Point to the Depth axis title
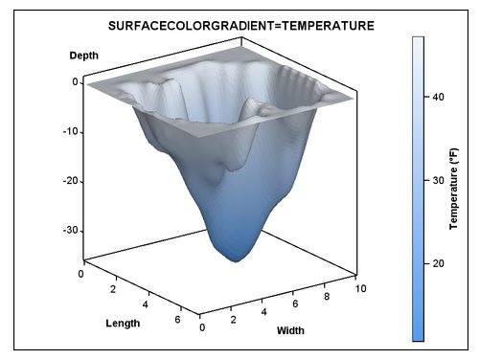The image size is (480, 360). (x=84, y=56)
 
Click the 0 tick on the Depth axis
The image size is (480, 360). (x=75, y=82)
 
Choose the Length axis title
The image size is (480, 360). (x=123, y=323)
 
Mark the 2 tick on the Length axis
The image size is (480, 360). (x=112, y=288)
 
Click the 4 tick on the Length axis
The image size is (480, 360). (x=144, y=304)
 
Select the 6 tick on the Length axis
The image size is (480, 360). (x=176, y=320)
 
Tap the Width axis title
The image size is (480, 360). (x=290, y=331)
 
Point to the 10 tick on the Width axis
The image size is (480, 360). (x=359, y=288)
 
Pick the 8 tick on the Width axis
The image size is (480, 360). (x=328, y=298)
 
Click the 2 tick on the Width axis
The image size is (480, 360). (x=233, y=320)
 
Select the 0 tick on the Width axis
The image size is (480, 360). (x=201, y=328)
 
